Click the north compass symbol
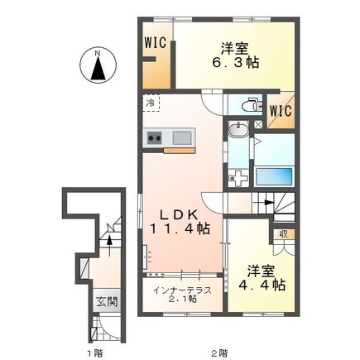pos(98,66)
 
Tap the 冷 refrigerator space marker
pos(151,103)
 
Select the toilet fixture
pos(252,104)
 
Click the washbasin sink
pos(238,129)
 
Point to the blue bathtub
pos(274,176)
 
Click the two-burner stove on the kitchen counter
pos(154,137)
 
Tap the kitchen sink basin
pos(182,137)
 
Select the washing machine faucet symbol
pos(238,179)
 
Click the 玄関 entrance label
pos(107,302)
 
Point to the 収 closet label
pos(284,234)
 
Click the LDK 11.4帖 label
pos(180,222)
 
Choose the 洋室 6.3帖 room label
pos(235,55)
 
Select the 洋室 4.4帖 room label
pos(262,278)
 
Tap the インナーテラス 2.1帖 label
pos(182,294)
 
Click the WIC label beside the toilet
pos(281,111)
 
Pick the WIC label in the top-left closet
pos(156,43)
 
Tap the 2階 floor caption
pos(219,353)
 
